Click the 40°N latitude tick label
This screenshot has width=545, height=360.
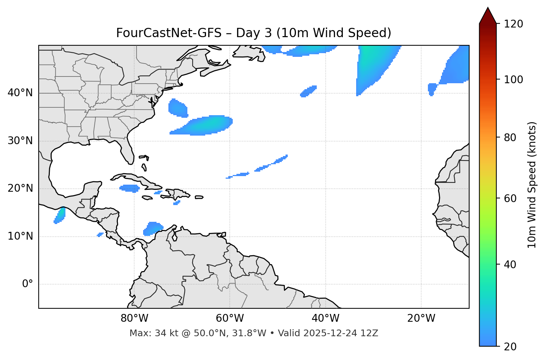click(20, 93)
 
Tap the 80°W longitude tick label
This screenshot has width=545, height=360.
click(134, 318)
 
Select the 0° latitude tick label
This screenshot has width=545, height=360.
click(28, 284)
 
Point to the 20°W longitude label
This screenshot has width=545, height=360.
click(421, 318)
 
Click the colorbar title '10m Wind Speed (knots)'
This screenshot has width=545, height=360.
click(532, 185)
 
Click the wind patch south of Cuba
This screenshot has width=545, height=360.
click(129, 188)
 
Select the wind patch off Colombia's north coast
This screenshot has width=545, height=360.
click(152, 228)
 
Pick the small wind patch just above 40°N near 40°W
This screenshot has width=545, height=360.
click(308, 91)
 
